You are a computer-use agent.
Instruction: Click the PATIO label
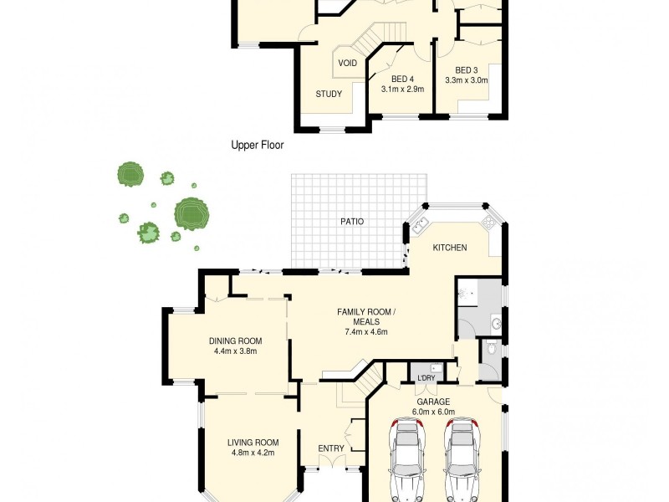[351, 222]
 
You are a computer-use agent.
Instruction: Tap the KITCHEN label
[449, 248]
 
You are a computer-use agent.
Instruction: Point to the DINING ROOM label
[235, 341]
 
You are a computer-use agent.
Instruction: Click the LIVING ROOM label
[253, 443]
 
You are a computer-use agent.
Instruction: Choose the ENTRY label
[331, 448]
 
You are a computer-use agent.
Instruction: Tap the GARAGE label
[433, 402]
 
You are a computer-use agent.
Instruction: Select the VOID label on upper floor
[348, 64]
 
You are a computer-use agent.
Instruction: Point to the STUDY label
[329, 94]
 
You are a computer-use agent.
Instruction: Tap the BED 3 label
[467, 70]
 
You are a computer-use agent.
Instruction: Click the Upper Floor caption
[257, 145]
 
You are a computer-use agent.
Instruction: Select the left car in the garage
[406, 460]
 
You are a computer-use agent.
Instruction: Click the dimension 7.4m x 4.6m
[365, 331]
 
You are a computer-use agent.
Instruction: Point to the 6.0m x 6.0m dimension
[433, 412]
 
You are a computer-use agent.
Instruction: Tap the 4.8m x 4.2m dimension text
[253, 453]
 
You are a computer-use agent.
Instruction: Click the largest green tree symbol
[191, 213]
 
